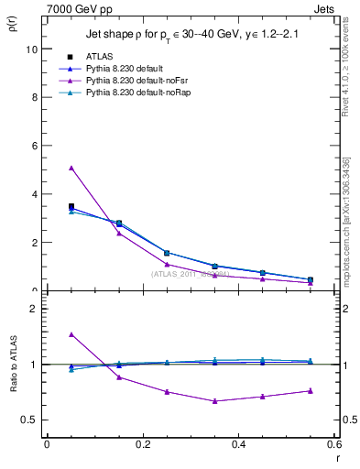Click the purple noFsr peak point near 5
(71, 168)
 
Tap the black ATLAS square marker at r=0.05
(71, 207)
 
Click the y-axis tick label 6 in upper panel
(34, 146)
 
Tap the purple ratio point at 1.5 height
(71, 334)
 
